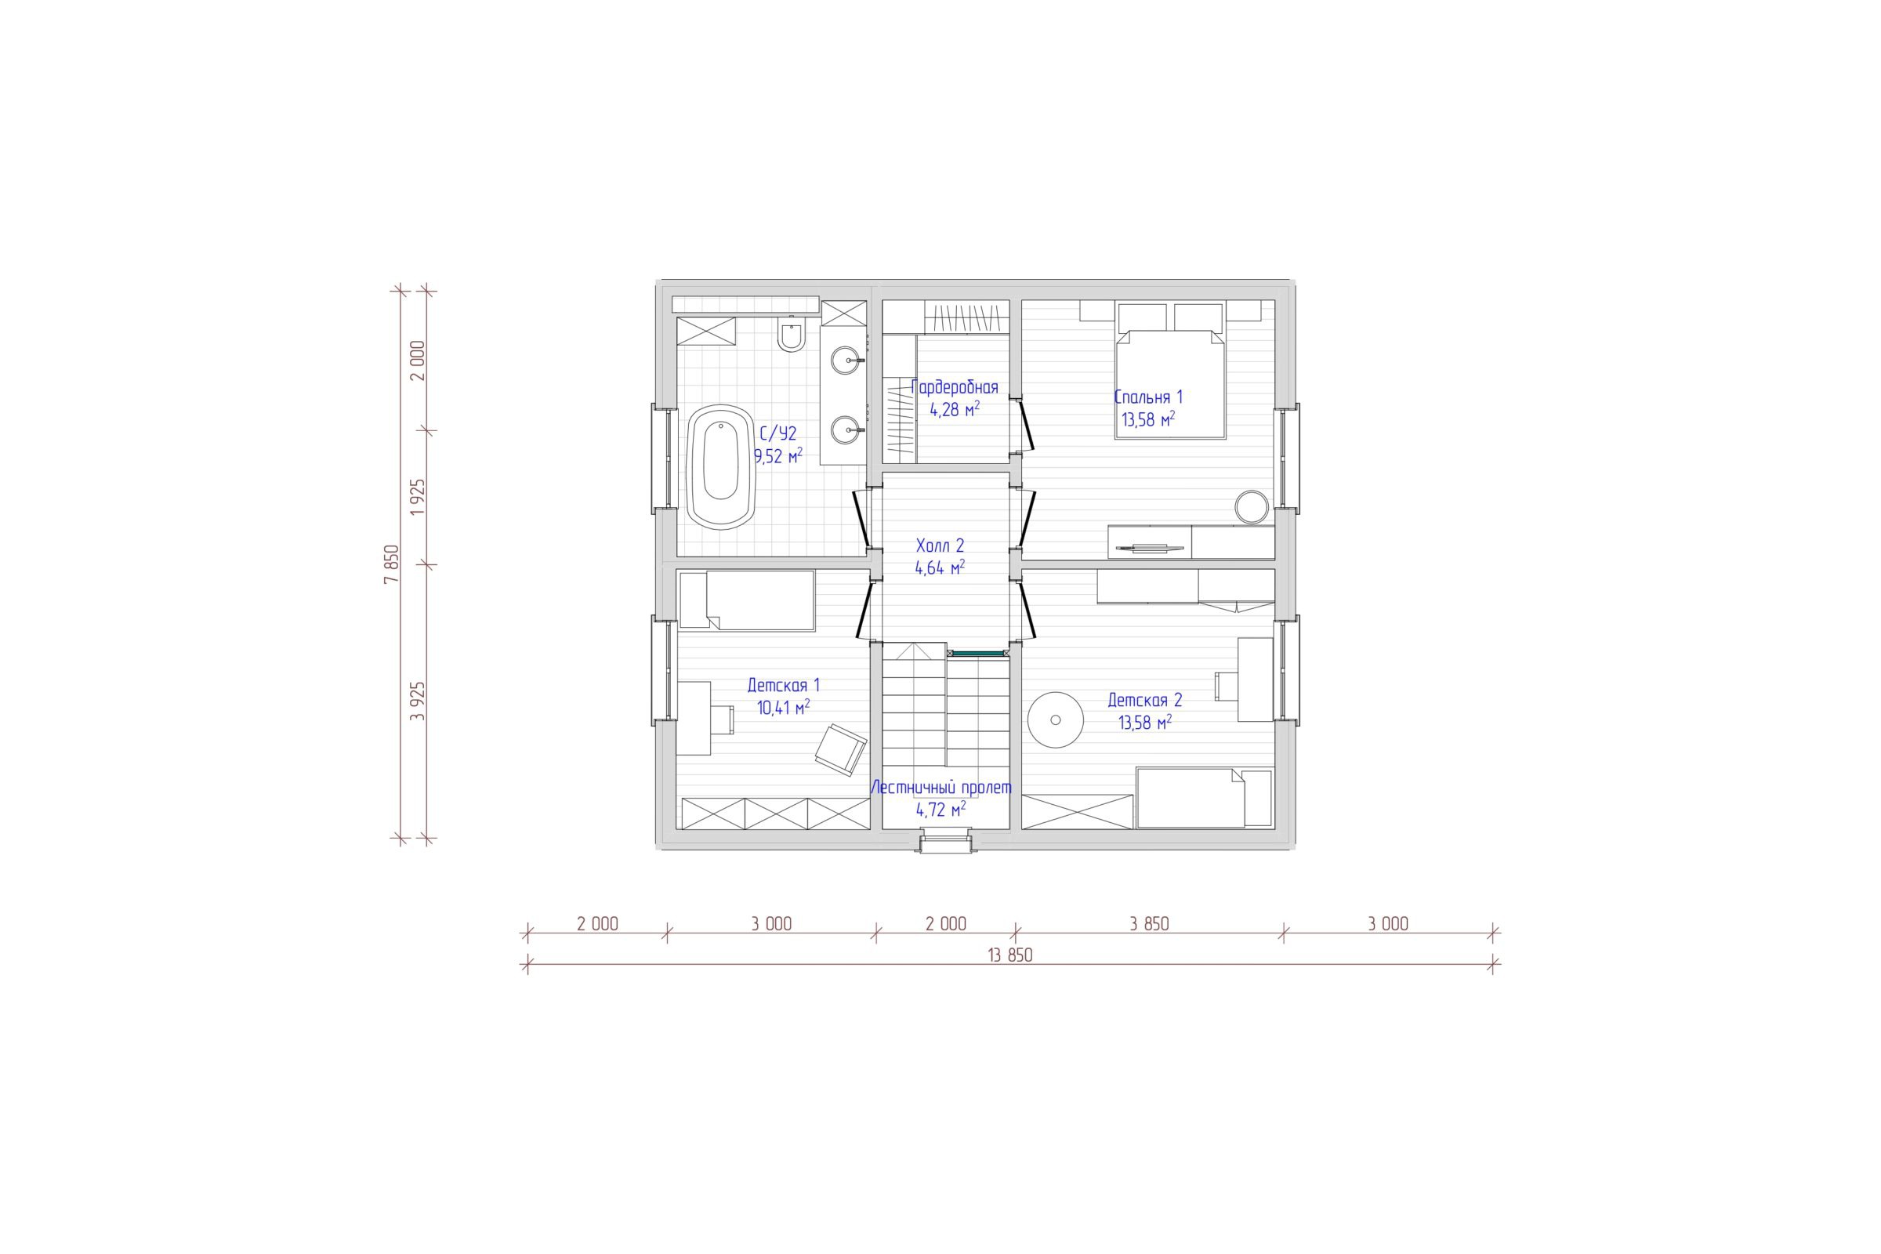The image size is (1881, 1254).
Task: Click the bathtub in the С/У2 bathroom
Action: [x=720, y=466]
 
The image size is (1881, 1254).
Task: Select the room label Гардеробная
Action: [x=955, y=388]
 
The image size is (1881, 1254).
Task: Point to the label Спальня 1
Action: [x=1147, y=397]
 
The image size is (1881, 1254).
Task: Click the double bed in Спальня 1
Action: [x=1171, y=370]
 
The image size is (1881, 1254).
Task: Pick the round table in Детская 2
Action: [x=1056, y=719]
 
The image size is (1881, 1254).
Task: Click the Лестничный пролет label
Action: [x=941, y=788]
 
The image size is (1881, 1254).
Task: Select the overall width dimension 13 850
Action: [x=1009, y=955]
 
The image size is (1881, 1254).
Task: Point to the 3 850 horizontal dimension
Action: [x=1149, y=925]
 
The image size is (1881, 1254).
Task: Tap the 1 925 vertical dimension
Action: [x=418, y=498]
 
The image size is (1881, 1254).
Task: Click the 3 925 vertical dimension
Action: [x=418, y=701]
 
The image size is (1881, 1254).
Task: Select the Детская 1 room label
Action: [x=784, y=685]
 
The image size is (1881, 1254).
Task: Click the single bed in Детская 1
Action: [x=747, y=600]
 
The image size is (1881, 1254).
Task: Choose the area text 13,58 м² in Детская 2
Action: [x=1145, y=723]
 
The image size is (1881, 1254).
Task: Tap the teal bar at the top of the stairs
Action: [x=977, y=654]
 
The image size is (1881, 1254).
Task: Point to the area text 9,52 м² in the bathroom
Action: [x=778, y=457]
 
